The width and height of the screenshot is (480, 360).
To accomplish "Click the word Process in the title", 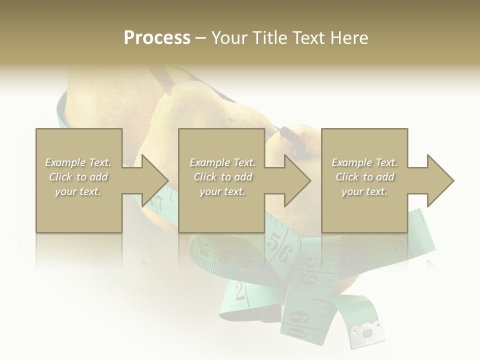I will (x=157, y=38).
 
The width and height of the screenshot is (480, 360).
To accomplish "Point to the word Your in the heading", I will (x=230, y=38).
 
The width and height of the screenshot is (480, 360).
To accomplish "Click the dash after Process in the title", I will (x=201, y=38).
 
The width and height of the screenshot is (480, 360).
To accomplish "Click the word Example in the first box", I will (x=66, y=162).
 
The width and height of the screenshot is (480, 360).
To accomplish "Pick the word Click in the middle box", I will (x=204, y=177).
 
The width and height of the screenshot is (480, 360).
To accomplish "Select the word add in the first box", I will (x=99, y=177).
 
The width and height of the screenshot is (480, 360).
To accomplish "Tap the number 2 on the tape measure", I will (x=240, y=291).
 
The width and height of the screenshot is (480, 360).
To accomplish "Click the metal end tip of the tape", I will (x=367, y=333).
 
